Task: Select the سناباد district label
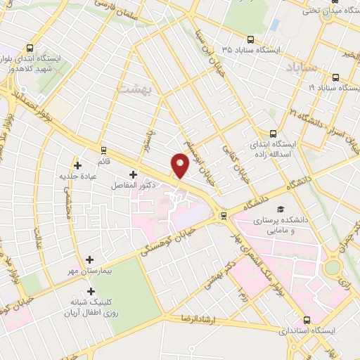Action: [x=304, y=67]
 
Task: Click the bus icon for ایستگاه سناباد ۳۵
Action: [x=251, y=40]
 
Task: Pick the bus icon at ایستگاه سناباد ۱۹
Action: [x=335, y=77]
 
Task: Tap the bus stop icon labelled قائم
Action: [x=103, y=150]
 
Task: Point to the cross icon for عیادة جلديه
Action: [x=77, y=165]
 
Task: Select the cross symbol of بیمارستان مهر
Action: [x=90, y=260]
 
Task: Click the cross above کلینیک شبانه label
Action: [x=90, y=290]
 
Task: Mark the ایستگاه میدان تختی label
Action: [x=326, y=11]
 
